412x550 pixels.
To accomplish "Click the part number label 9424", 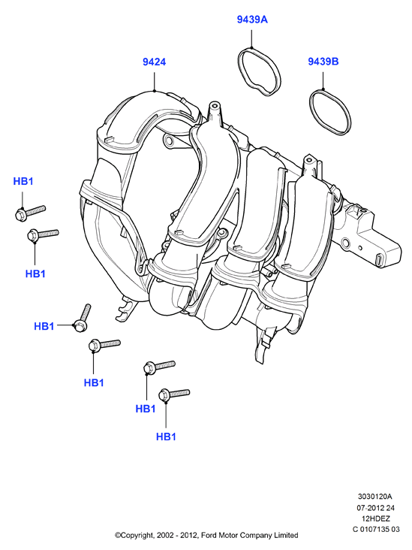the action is [x=154, y=62].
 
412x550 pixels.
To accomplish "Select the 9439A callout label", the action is [x=252, y=20].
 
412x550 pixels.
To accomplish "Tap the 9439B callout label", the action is [x=323, y=62].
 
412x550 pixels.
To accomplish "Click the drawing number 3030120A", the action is [x=375, y=497].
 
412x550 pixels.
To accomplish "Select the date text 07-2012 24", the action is [x=375, y=507].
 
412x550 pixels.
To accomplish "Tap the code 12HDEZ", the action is [x=375, y=518].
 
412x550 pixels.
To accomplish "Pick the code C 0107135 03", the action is [x=375, y=529].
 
